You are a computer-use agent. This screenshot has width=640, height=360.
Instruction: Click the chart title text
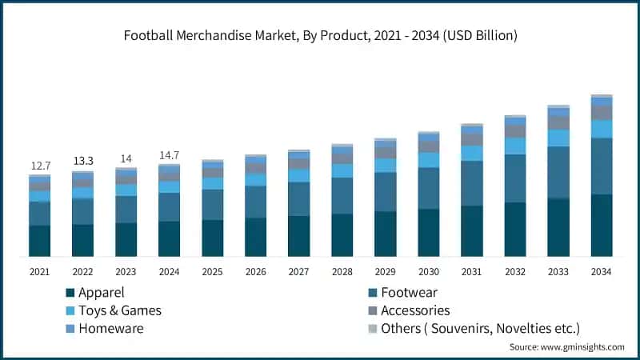click(320, 35)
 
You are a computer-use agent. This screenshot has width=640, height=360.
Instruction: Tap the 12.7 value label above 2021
click(40, 166)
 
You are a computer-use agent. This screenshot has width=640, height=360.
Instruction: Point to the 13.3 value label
click(83, 161)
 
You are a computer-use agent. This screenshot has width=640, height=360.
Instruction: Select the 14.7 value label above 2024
click(169, 155)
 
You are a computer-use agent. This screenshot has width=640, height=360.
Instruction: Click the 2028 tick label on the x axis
click(342, 272)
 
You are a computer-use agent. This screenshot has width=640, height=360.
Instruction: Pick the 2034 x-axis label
click(601, 272)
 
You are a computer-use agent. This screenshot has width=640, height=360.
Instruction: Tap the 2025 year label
click(212, 272)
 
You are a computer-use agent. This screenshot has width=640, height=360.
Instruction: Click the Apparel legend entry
click(96, 293)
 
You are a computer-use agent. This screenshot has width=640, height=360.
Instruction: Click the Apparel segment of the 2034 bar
click(601, 225)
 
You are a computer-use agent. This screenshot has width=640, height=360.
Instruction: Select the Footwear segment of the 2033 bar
click(558, 172)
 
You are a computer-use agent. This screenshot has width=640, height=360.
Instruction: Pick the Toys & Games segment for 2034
click(601, 129)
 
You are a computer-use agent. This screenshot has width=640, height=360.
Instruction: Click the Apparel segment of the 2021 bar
click(40, 241)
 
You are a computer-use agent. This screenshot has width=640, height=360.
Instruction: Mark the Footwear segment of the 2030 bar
click(428, 188)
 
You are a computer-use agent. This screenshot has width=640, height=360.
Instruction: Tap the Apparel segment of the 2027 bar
click(298, 236)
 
